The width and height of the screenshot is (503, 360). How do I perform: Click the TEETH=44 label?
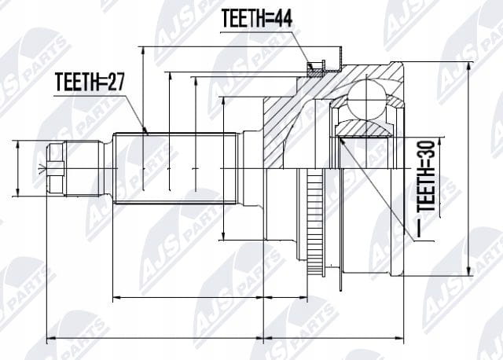(257, 18)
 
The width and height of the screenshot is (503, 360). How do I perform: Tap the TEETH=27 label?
(90, 82)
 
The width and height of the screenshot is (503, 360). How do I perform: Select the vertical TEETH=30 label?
(427, 176)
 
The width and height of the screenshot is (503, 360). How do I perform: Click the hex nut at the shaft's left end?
(56, 168)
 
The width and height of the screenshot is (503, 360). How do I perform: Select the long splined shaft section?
(175, 168)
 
